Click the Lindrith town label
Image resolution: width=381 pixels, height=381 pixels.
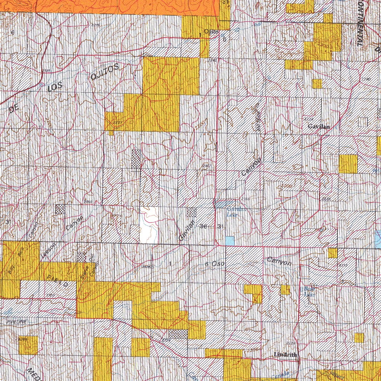(285, 355)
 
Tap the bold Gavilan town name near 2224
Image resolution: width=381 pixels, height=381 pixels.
(319, 127)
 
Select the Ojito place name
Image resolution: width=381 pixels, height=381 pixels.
(211, 32)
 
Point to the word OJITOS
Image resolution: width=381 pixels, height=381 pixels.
(105, 72)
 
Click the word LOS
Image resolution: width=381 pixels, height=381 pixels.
(56, 88)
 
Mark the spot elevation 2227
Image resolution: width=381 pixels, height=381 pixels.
(118, 122)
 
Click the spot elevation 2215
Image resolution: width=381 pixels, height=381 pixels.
(95, 25)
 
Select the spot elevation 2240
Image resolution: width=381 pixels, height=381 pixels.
(366, 79)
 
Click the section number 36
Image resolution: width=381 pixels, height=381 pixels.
(203, 226)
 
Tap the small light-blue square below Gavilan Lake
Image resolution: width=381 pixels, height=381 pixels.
(230, 241)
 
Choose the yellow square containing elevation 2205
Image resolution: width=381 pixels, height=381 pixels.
(28, 345)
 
